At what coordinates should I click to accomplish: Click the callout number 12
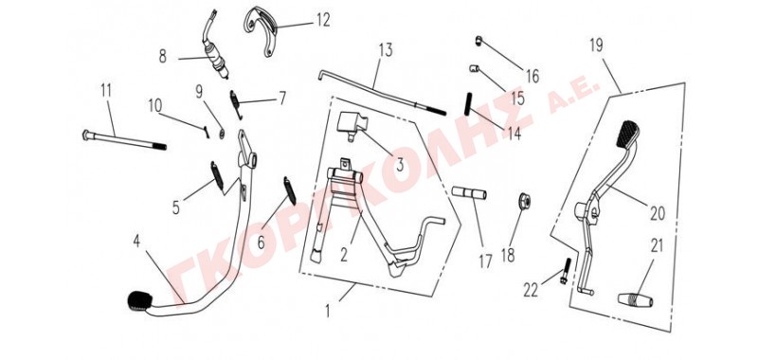pos(322,20)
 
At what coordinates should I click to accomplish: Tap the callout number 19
pos(596,45)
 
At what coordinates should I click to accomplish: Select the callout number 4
pos(136,242)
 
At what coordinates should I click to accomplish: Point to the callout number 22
pos(532,290)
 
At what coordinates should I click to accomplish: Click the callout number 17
pos(485,261)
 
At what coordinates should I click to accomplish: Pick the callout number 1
pos(327,311)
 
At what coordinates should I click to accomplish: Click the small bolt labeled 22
pos(566,271)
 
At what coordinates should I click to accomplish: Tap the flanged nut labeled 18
pos(524,201)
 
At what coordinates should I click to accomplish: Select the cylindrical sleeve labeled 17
pos(469,193)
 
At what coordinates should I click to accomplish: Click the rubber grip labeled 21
pos(635,299)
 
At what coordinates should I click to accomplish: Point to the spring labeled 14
pos(468,104)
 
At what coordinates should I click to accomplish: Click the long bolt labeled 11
pos(124,139)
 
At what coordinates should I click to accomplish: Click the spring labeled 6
pos(290,189)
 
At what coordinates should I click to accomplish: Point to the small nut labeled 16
pos(479,42)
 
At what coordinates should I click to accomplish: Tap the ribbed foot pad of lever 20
pos(626,133)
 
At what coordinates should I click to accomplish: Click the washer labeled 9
pos(222,134)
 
